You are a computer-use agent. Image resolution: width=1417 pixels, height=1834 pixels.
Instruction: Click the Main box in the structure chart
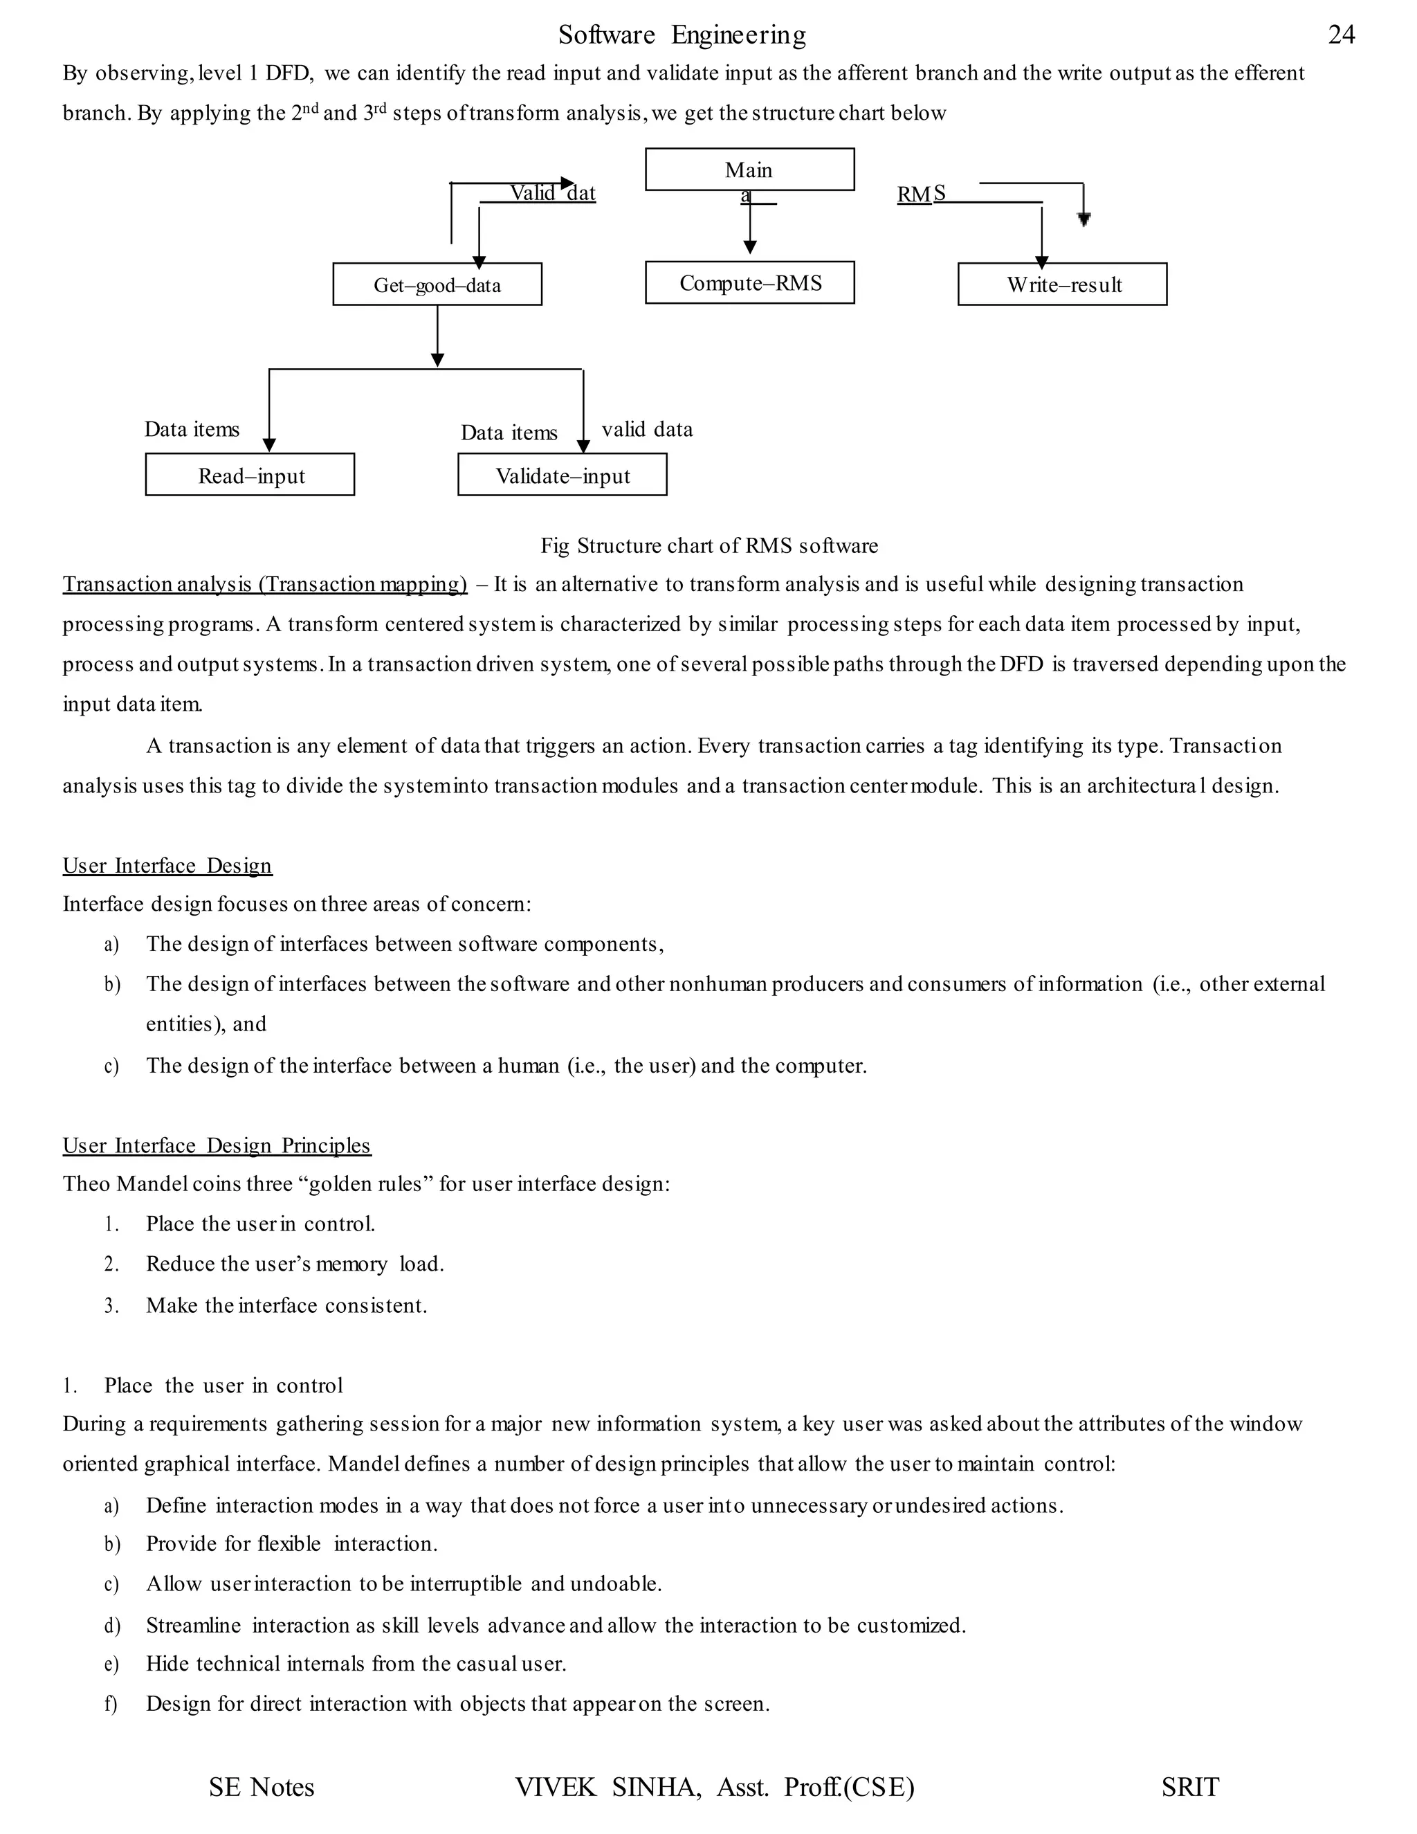(749, 170)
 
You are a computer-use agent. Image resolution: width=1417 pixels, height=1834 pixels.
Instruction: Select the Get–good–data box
(437, 284)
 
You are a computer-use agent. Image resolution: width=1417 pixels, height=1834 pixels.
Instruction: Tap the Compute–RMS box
(749, 283)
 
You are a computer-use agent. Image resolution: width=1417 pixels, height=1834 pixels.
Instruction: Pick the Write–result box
(1062, 284)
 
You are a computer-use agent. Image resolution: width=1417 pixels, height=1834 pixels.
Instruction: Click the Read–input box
(250, 475)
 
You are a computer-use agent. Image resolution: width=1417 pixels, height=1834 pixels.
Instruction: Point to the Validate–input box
(563, 475)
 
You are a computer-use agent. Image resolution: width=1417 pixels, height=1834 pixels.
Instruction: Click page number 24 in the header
(1341, 35)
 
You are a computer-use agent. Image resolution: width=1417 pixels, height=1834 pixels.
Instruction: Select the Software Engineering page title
(682, 35)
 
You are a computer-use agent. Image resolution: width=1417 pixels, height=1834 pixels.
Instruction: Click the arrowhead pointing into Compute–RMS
(749, 247)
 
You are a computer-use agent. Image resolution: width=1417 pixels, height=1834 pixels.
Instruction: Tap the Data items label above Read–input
(192, 429)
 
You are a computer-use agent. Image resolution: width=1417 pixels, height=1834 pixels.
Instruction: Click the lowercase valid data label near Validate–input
(646, 429)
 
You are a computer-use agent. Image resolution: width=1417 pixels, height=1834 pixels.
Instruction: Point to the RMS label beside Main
(920, 194)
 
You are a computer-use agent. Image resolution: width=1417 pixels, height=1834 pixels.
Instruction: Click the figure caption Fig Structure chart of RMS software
(708, 546)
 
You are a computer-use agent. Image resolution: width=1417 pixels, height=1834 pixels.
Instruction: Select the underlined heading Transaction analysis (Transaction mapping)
(264, 585)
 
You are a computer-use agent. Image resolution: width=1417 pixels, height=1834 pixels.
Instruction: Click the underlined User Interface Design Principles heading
(217, 1145)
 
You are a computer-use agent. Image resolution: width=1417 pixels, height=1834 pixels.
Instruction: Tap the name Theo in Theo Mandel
(86, 1184)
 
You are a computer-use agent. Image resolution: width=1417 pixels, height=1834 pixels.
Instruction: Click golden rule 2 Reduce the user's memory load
(294, 1264)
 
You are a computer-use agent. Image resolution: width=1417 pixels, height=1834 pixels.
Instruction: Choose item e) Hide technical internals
(355, 1664)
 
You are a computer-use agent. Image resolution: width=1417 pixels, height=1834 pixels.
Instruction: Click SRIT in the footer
(1189, 1787)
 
